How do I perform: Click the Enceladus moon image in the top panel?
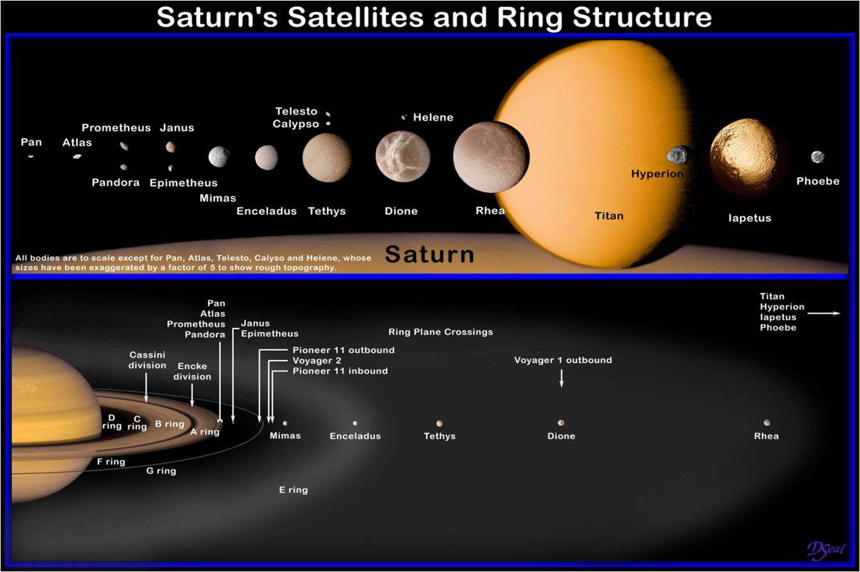tap(266, 157)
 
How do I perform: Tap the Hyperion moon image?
tap(678, 155)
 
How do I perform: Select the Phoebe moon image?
tap(817, 157)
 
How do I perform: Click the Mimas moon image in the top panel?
tap(219, 157)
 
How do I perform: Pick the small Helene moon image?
tap(404, 118)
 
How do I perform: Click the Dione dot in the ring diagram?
tap(561, 422)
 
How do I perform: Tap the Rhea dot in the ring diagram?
tap(767, 422)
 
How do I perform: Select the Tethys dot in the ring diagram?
tap(440, 423)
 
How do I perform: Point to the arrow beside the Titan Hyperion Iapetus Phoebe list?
tap(824, 313)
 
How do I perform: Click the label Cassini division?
tap(148, 360)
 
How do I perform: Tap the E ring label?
tap(293, 490)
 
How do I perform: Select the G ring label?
tap(161, 471)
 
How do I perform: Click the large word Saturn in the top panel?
tap(429, 254)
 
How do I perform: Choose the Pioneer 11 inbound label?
tap(340, 371)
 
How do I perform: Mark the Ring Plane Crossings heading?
tap(440, 332)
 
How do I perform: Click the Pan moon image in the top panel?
tap(31, 155)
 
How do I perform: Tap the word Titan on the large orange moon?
tap(608, 216)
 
